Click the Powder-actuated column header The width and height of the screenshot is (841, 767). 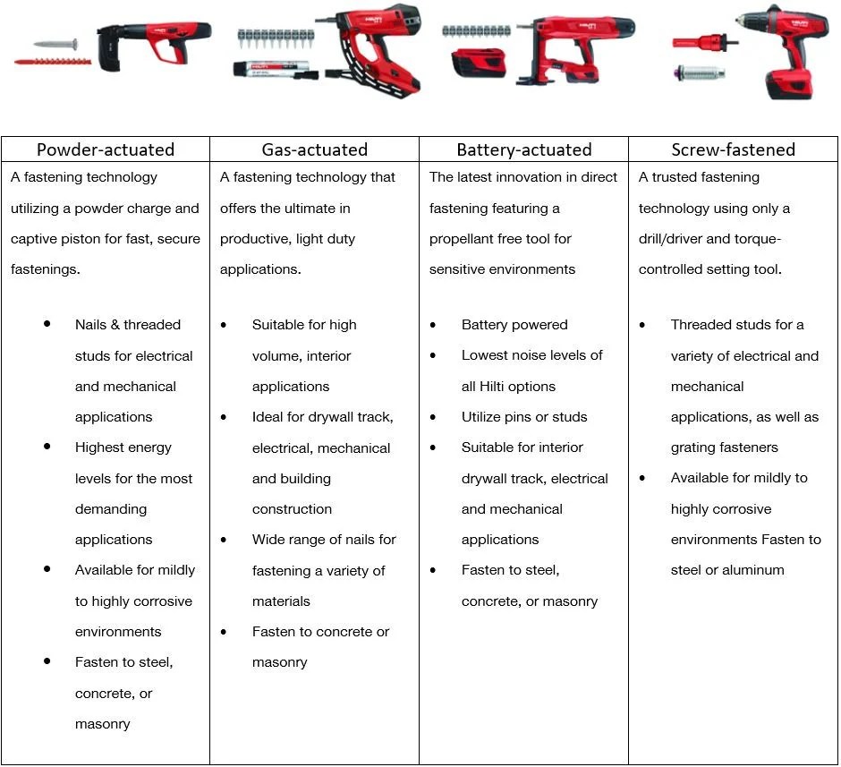coord(106,149)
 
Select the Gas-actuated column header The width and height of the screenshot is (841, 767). coord(314,149)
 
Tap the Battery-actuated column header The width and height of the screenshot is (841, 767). coord(523,149)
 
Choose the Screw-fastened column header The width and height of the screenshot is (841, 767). coord(734,149)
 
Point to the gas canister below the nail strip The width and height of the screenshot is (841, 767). coord(273,69)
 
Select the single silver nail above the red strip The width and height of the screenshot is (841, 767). coord(55,44)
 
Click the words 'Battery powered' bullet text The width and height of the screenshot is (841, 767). coord(514,325)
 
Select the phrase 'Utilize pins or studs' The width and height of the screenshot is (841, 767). coord(524,417)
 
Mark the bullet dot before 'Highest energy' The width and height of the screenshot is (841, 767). coord(47,447)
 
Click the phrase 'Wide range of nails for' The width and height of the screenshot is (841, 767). coord(324,540)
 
